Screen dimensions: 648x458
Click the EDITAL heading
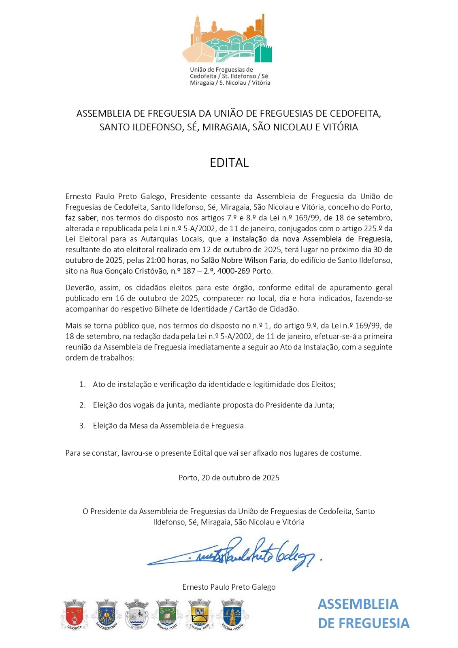coord(229,162)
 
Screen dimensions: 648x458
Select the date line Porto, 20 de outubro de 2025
coord(229,477)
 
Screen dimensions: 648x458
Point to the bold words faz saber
coord(81,217)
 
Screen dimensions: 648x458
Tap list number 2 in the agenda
coord(83,405)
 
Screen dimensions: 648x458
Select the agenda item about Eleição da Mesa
coord(169,425)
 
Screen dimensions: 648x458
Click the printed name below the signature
coord(229,587)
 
